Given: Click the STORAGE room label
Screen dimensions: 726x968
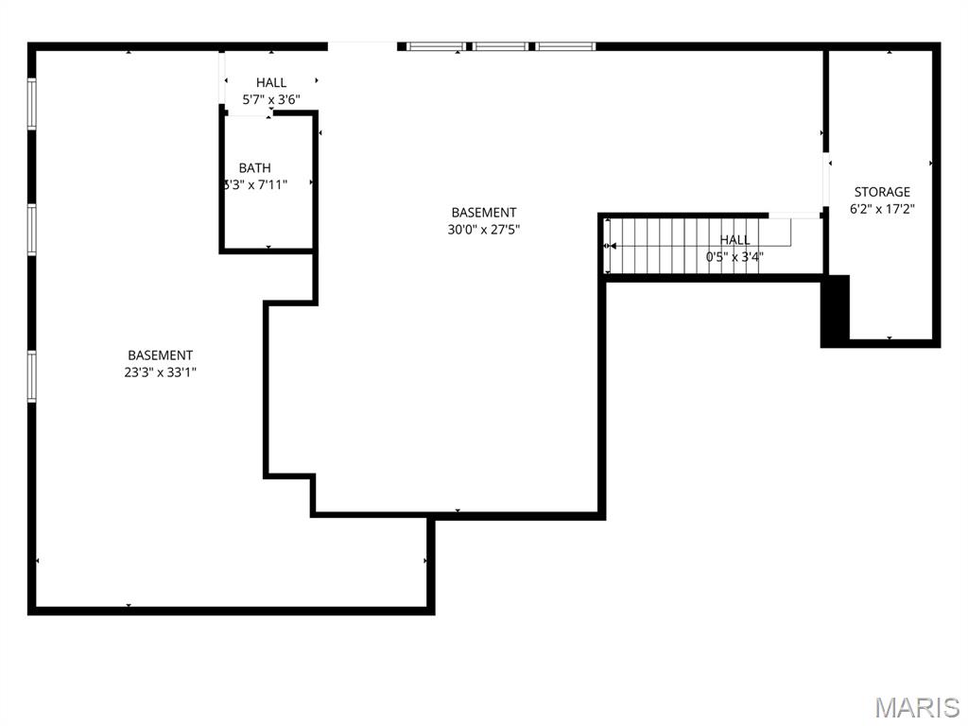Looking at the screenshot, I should pyautogui.click(x=882, y=192).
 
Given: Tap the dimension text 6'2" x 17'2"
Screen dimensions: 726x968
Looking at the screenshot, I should pyautogui.click(x=882, y=209).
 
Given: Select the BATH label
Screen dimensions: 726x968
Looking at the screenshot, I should pyautogui.click(x=254, y=168).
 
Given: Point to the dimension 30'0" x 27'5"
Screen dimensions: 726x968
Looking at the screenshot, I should pyautogui.click(x=483, y=229).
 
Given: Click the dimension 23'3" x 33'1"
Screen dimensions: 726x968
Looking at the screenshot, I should pyautogui.click(x=161, y=372).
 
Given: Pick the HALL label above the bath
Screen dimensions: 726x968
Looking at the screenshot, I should pyautogui.click(x=271, y=83).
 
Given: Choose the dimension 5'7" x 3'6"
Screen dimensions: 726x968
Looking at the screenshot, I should pyautogui.click(x=271, y=99).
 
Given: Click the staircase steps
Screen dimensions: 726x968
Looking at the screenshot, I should pyautogui.click(x=662, y=245).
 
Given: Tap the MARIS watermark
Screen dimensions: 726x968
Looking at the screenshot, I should pyautogui.click(x=916, y=706).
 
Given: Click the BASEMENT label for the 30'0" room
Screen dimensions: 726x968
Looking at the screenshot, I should pyautogui.click(x=483, y=213).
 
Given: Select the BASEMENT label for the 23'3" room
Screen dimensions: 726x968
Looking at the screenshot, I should pyautogui.click(x=161, y=355).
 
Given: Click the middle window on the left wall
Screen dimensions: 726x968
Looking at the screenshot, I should pyautogui.click(x=31, y=229).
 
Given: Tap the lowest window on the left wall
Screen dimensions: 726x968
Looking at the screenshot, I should pyautogui.click(x=31, y=375).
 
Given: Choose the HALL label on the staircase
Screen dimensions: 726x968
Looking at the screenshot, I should pyautogui.click(x=735, y=240).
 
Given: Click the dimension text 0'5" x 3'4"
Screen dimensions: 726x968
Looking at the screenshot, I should pyautogui.click(x=735, y=256).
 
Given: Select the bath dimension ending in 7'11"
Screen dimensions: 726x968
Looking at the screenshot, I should pyautogui.click(x=254, y=185).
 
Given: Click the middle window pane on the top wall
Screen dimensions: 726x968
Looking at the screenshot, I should pyautogui.click(x=500, y=45).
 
